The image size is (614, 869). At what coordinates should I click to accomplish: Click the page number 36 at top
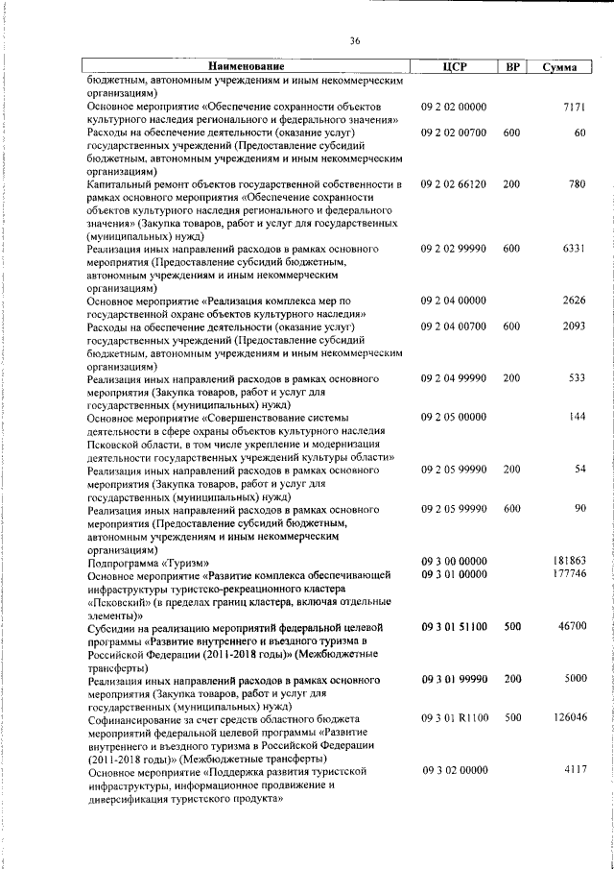354,40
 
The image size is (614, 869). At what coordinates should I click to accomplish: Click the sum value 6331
574,248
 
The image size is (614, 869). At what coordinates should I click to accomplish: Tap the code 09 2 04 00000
454,301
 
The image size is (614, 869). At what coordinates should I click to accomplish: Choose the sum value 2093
574,326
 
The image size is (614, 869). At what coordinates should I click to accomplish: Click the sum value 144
577,418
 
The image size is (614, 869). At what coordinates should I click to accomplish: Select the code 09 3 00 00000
454,561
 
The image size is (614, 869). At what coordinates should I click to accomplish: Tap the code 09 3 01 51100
454,626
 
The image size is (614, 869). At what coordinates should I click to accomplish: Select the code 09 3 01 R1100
454,717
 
